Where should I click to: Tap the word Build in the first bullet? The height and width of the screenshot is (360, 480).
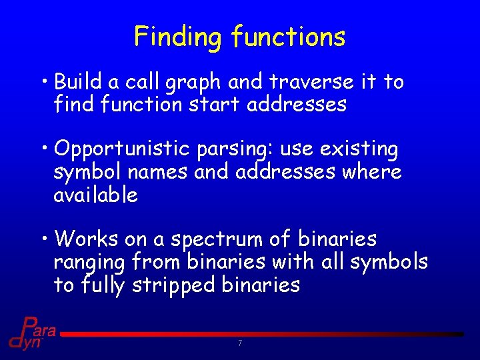[x=78, y=82]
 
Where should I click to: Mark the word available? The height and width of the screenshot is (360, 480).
[x=95, y=195]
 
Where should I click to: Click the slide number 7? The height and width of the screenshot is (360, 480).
[x=239, y=343]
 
